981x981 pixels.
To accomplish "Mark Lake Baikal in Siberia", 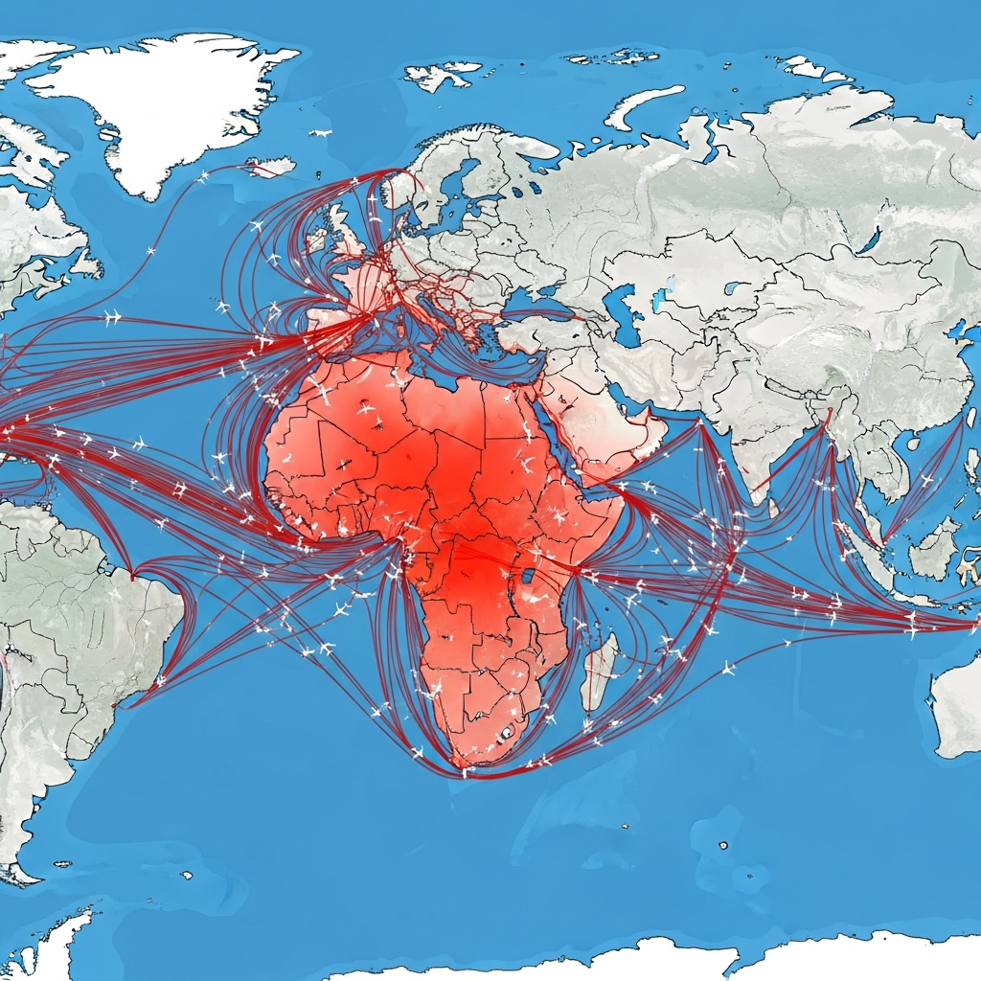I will tap(870, 239).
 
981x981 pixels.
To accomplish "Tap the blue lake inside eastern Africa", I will tap(526, 578).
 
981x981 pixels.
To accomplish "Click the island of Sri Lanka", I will tap(773, 506).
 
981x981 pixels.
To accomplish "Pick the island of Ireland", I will tap(314, 244).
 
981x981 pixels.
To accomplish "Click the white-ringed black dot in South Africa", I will tap(507, 733).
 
